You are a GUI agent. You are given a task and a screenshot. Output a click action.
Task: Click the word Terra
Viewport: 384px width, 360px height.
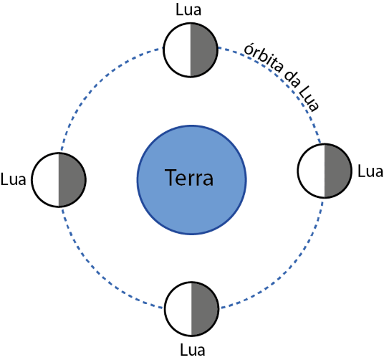click(x=189, y=177)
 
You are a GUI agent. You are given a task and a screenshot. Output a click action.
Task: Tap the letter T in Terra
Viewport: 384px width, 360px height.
click(x=171, y=177)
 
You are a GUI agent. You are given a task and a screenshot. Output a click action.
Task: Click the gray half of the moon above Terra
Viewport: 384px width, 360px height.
click(x=203, y=50)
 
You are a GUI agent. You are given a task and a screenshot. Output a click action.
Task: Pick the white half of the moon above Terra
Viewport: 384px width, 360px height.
click(x=177, y=50)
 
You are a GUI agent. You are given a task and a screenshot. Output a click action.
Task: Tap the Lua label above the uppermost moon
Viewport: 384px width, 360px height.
click(x=188, y=10)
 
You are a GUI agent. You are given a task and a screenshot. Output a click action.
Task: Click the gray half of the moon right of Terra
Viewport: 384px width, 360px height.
click(x=338, y=171)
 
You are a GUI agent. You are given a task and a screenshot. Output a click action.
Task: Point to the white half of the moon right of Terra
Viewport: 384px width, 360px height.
click(x=311, y=171)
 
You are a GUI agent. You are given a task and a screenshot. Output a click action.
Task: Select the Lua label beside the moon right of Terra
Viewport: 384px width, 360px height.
click(x=370, y=171)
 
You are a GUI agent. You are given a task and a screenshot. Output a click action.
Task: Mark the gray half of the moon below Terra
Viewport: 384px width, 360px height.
click(x=205, y=308)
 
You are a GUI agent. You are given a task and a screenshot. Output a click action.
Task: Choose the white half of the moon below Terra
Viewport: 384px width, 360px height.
click(x=178, y=308)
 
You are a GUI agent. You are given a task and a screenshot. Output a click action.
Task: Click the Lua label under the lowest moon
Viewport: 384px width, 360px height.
click(x=193, y=350)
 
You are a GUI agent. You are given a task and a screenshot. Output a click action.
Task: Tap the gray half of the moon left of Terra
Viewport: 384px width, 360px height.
click(x=72, y=179)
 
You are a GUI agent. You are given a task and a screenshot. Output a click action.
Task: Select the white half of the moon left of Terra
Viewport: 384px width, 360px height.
click(x=45, y=179)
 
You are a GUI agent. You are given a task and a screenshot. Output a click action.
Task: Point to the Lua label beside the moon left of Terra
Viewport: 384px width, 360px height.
click(x=13, y=179)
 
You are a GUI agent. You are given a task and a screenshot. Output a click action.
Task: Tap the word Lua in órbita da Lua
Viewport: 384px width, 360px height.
click(x=309, y=101)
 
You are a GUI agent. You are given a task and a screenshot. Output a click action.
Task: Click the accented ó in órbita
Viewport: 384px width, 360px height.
click(x=249, y=49)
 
